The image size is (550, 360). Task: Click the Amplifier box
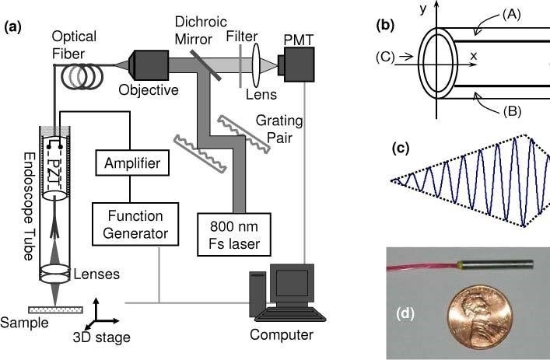pyautogui.click(x=130, y=165)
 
